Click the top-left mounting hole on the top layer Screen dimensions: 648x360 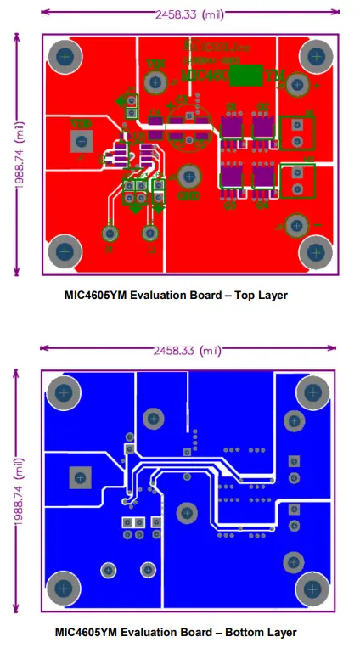click(x=64, y=57)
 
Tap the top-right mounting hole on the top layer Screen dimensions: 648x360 click(x=315, y=57)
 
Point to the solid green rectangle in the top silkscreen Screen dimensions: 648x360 click(x=247, y=76)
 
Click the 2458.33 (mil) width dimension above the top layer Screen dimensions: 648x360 click(x=190, y=14)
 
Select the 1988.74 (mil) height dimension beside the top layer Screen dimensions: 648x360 click(x=15, y=155)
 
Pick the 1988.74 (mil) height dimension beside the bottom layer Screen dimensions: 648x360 click(x=15, y=491)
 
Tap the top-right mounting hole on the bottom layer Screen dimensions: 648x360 click(x=313, y=392)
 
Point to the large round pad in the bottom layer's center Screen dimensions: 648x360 click(x=186, y=512)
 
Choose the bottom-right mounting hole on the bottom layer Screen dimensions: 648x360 click(x=313, y=588)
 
